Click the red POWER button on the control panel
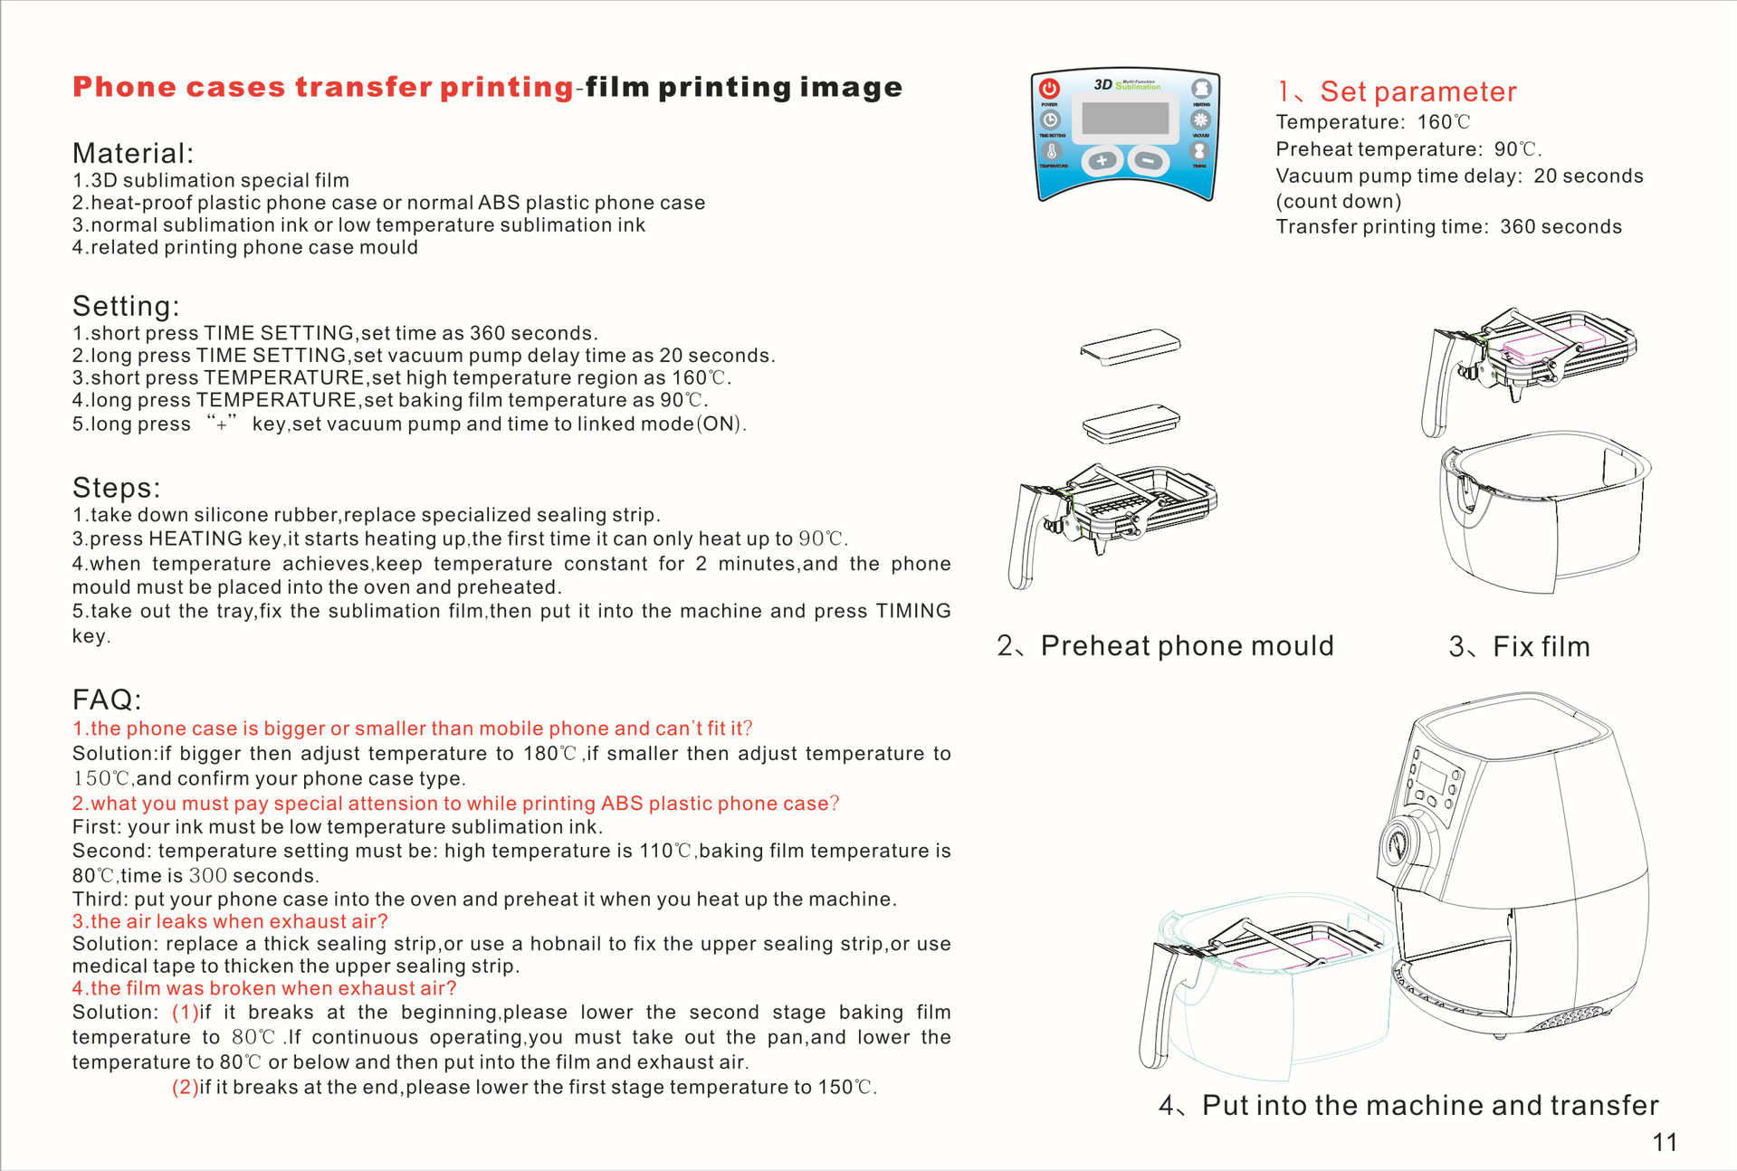point(1049,88)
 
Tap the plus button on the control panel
point(1102,161)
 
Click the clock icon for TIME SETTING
point(1050,119)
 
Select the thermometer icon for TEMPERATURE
point(1051,151)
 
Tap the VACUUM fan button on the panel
point(1201,119)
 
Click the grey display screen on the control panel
point(1126,118)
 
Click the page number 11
point(1665,1142)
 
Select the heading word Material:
point(133,153)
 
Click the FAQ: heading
point(107,700)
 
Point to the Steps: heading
point(116,488)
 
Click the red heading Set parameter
point(1417,91)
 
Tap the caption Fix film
point(1541,646)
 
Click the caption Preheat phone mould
point(1187,645)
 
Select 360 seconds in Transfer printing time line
point(1560,226)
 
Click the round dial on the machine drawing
point(1400,845)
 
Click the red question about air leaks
point(230,921)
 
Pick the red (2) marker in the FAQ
point(186,1087)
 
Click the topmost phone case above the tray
point(1131,347)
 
